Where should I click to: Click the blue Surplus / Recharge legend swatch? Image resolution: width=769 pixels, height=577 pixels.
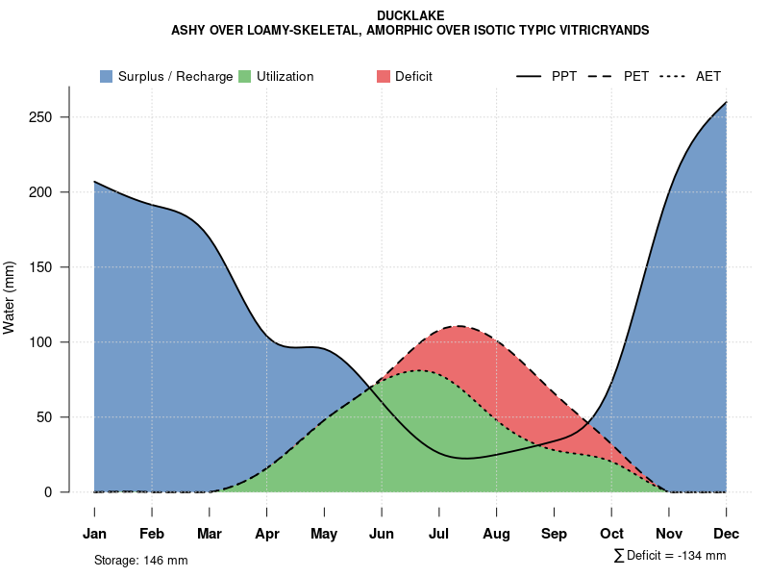pos(106,76)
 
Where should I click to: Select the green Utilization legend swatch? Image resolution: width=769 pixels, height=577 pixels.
pos(244,76)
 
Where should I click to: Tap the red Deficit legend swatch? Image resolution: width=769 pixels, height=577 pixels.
pos(384,76)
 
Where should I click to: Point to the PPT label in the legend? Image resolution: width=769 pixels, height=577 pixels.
pos(564,76)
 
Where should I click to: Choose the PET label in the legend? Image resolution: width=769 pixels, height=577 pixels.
pos(636,76)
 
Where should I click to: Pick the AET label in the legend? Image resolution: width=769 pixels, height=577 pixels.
pos(708,76)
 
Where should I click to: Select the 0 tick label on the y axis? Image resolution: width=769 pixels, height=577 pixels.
pos(60,492)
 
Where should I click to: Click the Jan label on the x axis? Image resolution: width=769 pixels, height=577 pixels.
pos(94,534)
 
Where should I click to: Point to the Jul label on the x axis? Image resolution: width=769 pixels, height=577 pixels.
pos(439,534)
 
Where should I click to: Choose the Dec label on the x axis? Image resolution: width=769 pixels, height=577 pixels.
pos(727,534)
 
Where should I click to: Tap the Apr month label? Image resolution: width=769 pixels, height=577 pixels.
pos(267,534)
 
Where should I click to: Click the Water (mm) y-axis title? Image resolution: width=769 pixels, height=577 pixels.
pos(10,298)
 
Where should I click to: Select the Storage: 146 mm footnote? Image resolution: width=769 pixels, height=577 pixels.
pos(140,560)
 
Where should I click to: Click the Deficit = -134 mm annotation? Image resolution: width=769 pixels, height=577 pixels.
pos(675,556)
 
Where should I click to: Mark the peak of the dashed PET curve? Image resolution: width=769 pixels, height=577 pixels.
pos(459,326)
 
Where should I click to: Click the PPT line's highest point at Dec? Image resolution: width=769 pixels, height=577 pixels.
pos(726,102)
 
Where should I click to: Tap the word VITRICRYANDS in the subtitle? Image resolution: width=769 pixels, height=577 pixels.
pos(594,31)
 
